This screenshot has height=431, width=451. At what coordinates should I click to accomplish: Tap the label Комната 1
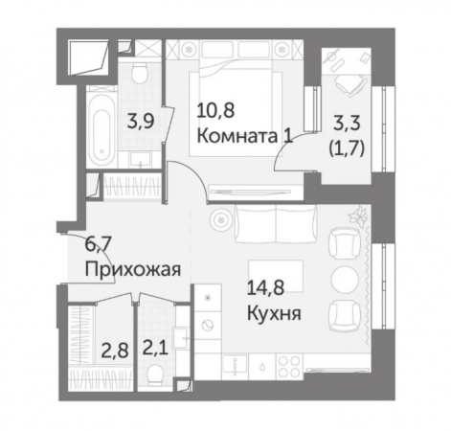[x=243, y=136]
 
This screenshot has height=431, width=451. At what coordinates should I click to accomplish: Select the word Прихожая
[x=132, y=268]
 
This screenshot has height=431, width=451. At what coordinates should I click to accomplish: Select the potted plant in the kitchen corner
[x=359, y=219]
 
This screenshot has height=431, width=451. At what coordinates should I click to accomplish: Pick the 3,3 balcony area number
[x=346, y=123]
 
